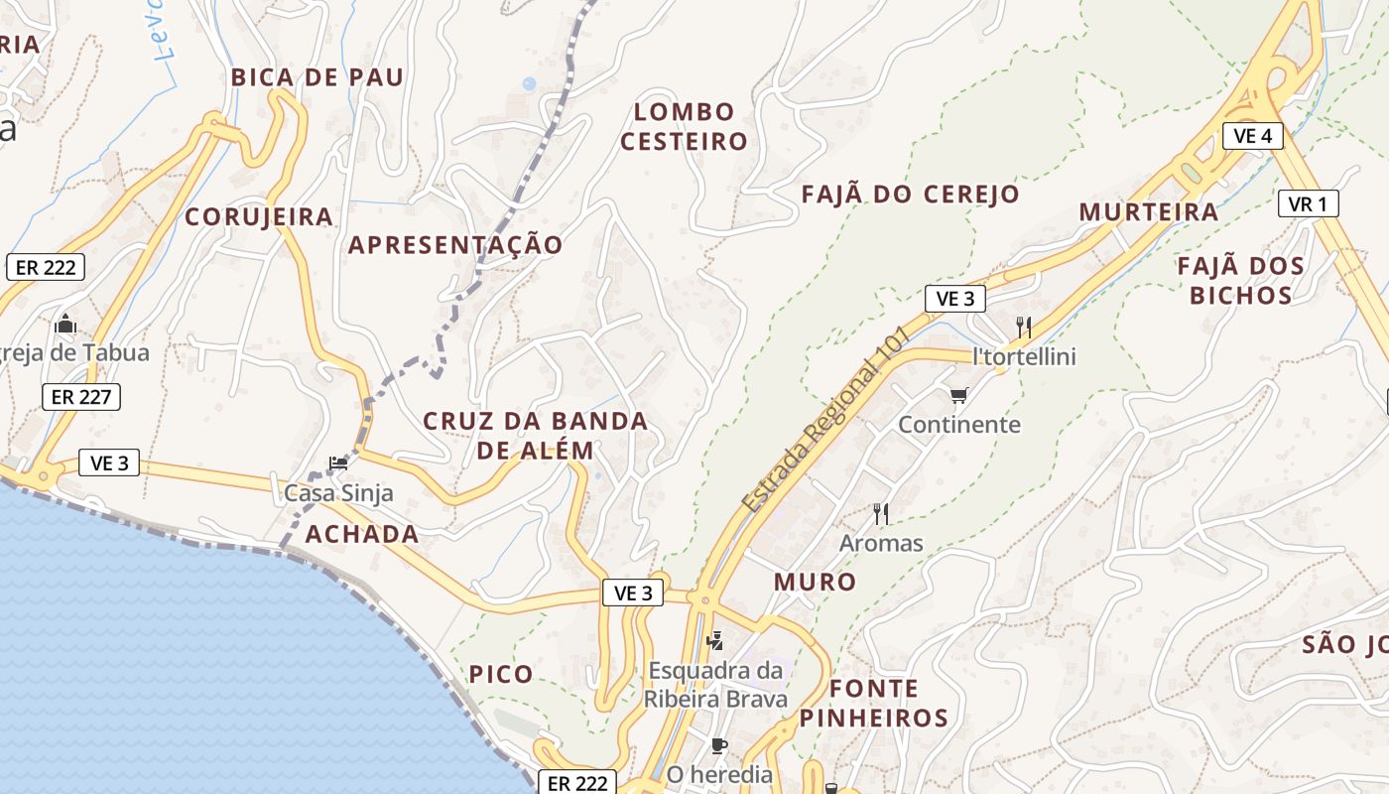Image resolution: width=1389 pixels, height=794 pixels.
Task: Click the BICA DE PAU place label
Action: (317, 77)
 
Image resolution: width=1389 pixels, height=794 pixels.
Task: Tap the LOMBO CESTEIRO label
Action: (684, 126)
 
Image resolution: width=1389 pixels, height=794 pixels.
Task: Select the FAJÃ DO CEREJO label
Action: (910, 195)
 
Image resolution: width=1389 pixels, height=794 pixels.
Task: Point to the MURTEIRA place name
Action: (1149, 212)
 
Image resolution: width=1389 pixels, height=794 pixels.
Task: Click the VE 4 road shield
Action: (1253, 136)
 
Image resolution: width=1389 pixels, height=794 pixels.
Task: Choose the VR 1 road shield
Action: (1308, 204)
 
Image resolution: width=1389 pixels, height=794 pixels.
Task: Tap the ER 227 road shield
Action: (81, 398)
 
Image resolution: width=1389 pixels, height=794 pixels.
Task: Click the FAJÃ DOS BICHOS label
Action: (1240, 281)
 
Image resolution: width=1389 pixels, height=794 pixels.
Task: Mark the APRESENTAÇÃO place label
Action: (455, 245)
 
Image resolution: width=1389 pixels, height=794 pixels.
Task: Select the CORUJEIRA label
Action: (259, 217)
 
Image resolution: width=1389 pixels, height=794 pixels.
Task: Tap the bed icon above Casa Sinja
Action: (338, 463)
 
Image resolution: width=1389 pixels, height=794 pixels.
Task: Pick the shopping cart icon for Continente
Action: (958, 396)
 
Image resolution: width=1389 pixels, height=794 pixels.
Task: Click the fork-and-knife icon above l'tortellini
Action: (1024, 327)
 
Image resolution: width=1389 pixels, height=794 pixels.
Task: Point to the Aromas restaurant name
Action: (881, 544)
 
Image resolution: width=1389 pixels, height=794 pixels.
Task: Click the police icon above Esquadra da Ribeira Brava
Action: (714, 640)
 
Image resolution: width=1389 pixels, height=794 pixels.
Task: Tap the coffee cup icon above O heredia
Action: (719, 744)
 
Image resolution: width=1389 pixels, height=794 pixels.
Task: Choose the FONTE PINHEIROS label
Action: (874, 703)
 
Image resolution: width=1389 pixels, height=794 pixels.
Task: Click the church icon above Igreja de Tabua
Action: (65, 324)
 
